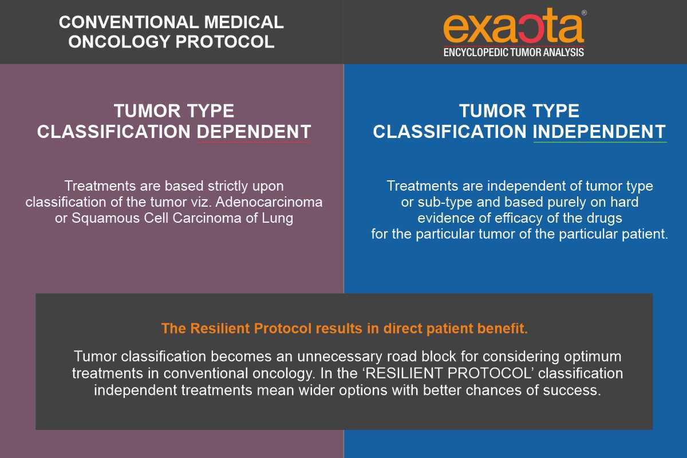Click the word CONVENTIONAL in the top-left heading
[x=129, y=22]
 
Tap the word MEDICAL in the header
[x=244, y=22]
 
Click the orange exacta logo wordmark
[x=514, y=27]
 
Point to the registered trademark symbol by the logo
[x=584, y=13]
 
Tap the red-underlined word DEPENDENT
[x=254, y=132]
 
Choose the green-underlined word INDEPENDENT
[x=599, y=132]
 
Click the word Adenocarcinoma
[x=269, y=202]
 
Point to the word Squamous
[x=105, y=219]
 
